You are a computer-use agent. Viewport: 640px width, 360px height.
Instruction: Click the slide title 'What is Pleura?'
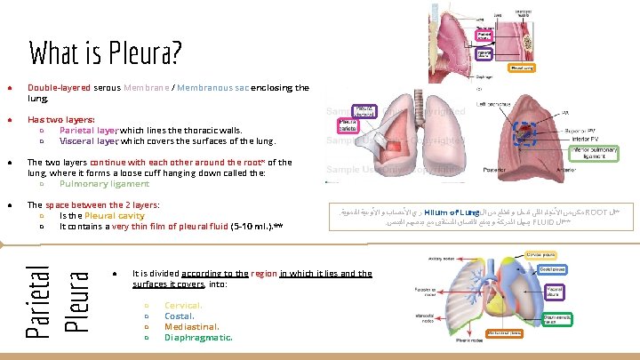106,53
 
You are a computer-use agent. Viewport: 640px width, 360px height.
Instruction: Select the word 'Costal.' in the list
180,315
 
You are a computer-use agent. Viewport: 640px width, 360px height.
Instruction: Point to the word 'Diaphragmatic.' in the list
198,338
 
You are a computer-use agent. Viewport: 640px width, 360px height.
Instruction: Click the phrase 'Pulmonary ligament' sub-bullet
105,184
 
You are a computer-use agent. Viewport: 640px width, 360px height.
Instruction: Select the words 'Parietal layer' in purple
89,130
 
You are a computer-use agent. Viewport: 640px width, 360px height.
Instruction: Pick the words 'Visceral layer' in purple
89,140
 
